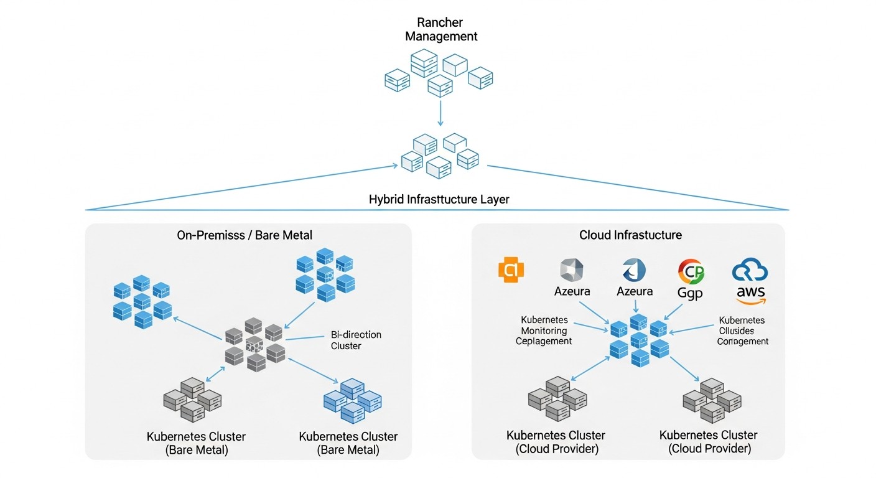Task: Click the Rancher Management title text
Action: (x=441, y=30)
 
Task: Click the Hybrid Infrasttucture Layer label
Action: (x=439, y=200)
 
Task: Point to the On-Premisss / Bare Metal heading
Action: (x=245, y=235)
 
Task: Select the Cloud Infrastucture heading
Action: (x=630, y=235)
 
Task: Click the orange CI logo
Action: (x=511, y=269)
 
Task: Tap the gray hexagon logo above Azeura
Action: (x=572, y=269)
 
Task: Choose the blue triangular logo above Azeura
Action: (x=634, y=269)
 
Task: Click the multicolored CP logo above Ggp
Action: (x=690, y=271)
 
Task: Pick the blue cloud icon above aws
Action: (x=750, y=271)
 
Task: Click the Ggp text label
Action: (x=690, y=293)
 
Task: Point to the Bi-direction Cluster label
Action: (x=356, y=340)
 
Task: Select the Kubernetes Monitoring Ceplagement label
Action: (x=544, y=330)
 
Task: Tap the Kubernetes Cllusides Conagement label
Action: (x=742, y=330)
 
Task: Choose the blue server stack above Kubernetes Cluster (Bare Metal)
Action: (x=353, y=401)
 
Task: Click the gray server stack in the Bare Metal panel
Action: (x=192, y=399)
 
